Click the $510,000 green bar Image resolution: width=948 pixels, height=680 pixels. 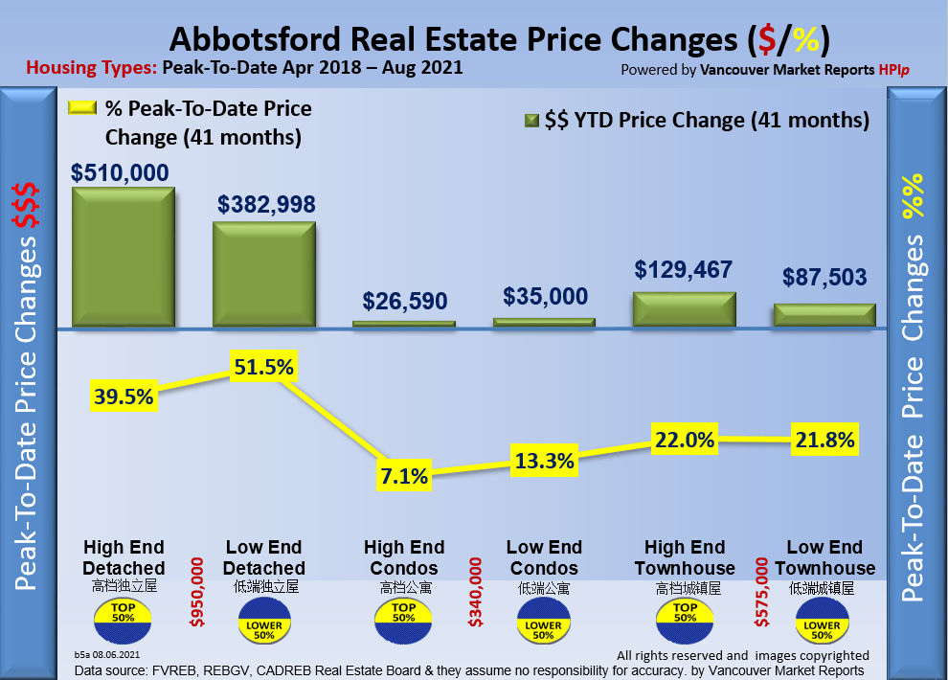point(123,257)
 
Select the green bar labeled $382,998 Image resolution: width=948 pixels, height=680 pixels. point(263,275)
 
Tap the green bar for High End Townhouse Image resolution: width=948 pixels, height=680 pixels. point(684,308)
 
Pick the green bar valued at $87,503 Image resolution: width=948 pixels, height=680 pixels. point(824,316)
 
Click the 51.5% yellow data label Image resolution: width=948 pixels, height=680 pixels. point(263,368)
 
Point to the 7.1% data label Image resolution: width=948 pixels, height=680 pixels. point(403,474)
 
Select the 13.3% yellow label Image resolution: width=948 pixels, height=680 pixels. point(543,460)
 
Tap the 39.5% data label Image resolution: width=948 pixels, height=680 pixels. point(124,395)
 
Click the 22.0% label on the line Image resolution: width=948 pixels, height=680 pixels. point(684,440)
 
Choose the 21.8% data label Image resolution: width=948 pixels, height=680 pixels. point(824,441)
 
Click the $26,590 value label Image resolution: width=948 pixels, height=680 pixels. point(404,301)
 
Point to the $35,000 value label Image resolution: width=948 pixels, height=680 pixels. point(544,296)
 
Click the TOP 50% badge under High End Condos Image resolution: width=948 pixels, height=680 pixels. point(403,614)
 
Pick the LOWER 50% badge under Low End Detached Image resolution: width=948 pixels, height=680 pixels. point(263,626)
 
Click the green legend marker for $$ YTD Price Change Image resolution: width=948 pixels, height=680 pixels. point(530,121)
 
